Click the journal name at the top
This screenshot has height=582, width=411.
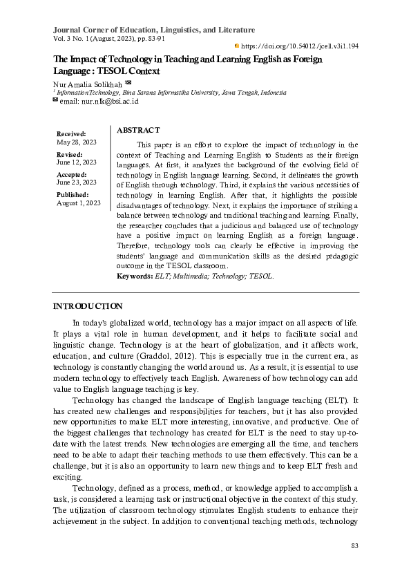[154, 30]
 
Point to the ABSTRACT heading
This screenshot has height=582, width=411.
[138, 130]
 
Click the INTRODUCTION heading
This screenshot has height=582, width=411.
[88, 306]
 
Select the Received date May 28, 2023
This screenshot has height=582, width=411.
[76, 142]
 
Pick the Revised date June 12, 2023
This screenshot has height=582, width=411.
[76, 162]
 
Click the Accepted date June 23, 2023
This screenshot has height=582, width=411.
[76, 182]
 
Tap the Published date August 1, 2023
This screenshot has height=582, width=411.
[79, 203]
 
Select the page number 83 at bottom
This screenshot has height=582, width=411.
[355, 546]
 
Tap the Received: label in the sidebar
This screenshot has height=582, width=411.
[71, 133]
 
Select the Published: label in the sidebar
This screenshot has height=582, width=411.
[73, 195]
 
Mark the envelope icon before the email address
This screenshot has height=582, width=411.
[56, 100]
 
